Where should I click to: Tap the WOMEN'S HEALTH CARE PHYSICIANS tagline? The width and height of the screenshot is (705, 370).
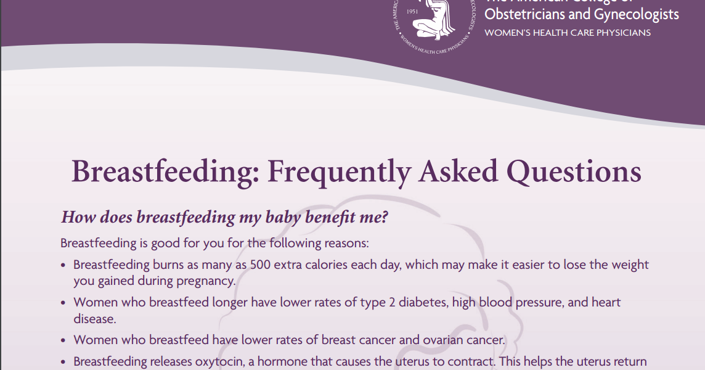coord(568,33)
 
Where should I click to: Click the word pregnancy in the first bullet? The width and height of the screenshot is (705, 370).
coord(208,281)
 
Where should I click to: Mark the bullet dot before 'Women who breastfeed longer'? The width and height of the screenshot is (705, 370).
coord(64,303)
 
